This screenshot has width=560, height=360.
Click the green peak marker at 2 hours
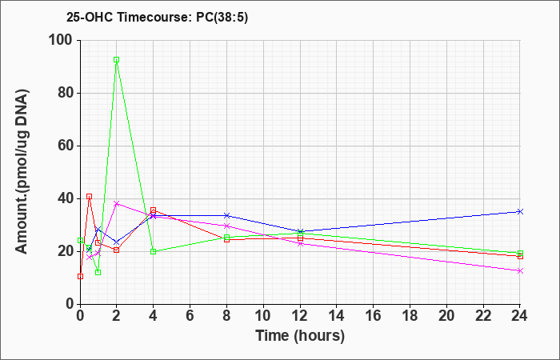point(117,60)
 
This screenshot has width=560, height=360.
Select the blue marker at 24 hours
point(520,212)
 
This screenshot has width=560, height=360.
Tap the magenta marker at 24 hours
point(520,270)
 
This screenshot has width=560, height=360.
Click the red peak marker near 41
point(90,197)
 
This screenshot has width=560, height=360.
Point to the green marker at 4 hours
point(154,251)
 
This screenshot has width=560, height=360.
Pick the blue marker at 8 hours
point(226,215)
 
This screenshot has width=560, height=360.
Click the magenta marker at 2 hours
point(117,203)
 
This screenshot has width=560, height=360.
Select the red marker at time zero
point(80,277)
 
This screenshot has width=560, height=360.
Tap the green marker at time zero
point(80,240)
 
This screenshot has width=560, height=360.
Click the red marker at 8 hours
point(226,240)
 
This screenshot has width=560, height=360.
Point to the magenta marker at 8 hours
point(226,226)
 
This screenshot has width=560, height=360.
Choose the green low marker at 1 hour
point(98,273)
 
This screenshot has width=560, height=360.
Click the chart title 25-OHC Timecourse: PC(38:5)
point(157,17)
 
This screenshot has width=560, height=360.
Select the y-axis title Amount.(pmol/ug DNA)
point(22,172)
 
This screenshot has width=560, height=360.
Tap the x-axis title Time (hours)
point(300,336)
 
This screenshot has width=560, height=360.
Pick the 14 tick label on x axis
point(337,316)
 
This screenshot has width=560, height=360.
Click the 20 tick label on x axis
point(446,316)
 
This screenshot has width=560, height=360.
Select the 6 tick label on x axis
point(190,316)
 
